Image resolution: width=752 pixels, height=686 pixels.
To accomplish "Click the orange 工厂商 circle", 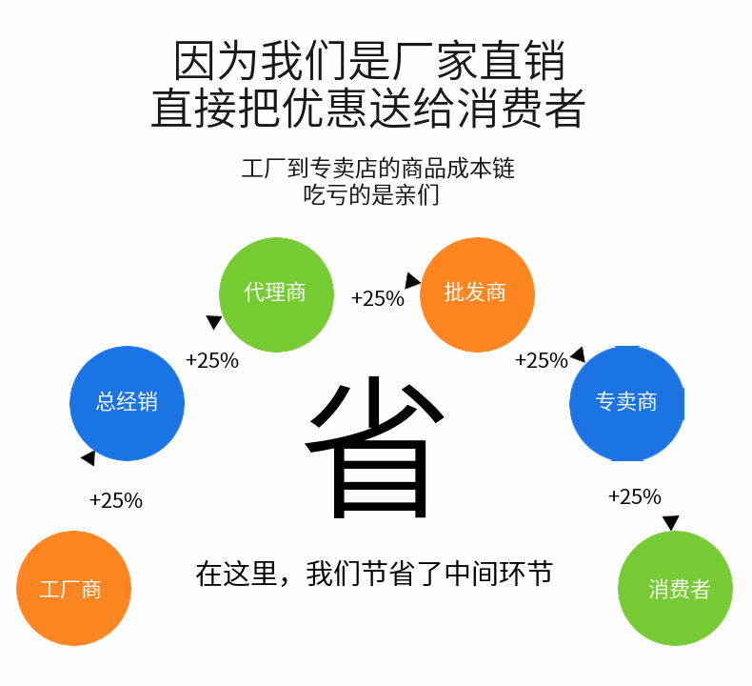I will click(x=73, y=588).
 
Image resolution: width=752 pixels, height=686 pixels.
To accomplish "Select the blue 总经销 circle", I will click(x=127, y=403).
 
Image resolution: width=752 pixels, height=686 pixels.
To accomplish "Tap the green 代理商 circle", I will click(x=276, y=294).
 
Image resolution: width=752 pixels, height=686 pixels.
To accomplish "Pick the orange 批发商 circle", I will click(x=476, y=294).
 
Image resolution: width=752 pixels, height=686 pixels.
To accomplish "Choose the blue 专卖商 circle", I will click(x=626, y=403).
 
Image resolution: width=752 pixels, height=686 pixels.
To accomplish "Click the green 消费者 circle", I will click(x=676, y=588).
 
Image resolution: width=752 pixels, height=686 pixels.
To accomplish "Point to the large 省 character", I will click(x=375, y=448).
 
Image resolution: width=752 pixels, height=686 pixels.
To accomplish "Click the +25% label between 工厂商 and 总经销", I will click(x=115, y=500).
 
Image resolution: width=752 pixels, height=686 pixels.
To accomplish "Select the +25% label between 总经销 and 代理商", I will click(x=212, y=361).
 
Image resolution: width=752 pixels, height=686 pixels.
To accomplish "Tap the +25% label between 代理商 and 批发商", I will click(x=378, y=299).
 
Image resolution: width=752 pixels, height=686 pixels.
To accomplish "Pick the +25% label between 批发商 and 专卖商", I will click(x=541, y=361).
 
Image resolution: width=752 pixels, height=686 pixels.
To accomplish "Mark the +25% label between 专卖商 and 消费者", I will click(x=634, y=496).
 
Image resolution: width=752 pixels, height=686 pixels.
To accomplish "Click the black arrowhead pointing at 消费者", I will click(x=671, y=523).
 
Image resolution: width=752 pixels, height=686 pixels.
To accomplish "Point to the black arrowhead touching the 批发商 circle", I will click(x=412, y=281).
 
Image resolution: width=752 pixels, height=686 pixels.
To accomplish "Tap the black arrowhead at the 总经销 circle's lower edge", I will click(x=89, y=458).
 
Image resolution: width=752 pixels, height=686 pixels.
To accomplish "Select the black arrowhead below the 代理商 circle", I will click(x=214, y=323).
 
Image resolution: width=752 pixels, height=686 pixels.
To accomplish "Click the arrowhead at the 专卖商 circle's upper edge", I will click(x=577, y=354).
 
